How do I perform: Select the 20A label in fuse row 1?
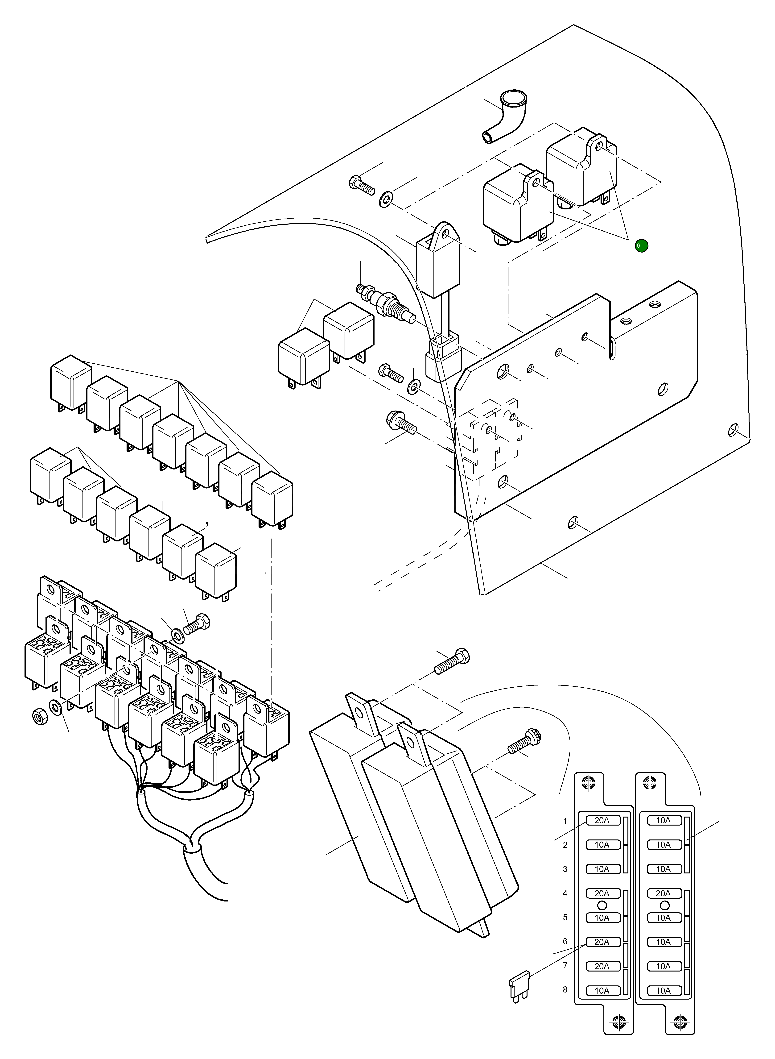[602, 821]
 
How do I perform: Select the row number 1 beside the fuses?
[565, 821]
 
